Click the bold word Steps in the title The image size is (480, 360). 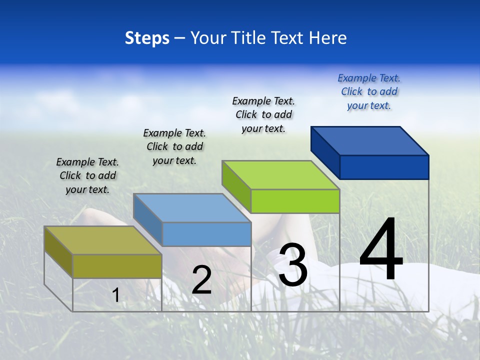point(147,38)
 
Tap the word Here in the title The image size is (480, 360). point(327,38)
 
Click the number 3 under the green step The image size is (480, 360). point(293,265)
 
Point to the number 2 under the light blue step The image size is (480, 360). point(201,280)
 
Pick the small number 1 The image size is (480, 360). point(116,295)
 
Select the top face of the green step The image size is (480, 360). point(280,175)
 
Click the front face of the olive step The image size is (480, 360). point(117,266)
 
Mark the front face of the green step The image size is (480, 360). point(295,201)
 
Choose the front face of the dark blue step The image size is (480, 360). point(384,167)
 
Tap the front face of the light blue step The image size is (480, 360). point(206,234)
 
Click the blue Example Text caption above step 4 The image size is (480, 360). point(369,91)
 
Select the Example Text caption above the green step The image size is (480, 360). point(263,114)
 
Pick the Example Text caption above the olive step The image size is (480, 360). point(87,175)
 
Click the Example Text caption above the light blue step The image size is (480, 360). point(174,146)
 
